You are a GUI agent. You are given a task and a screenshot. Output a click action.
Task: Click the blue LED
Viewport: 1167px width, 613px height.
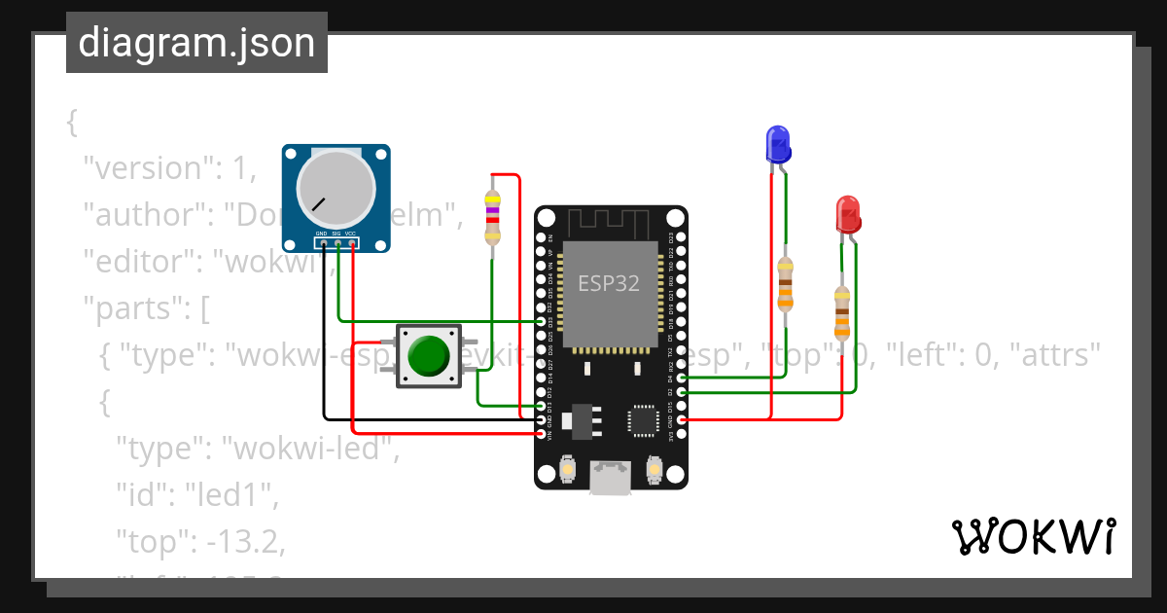[x=777, y=144]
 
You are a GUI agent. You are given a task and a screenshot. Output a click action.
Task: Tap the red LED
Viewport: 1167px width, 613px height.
[x=848, y=214]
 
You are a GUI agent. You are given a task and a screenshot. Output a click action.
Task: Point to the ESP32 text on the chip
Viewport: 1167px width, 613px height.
[x=609, y=283]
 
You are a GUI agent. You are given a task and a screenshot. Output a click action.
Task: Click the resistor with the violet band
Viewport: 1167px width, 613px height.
[x=492, y=217]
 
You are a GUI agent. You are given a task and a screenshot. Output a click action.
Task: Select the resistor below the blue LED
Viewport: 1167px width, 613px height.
[x=786, y=284]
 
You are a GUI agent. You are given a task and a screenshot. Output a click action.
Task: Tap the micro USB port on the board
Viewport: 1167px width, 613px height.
[x=611, y=477]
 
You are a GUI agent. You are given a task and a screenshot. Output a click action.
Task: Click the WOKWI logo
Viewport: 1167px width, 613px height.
[x=1033, y=536]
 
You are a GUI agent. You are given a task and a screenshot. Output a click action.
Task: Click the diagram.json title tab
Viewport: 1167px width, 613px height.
[x=196, y=43]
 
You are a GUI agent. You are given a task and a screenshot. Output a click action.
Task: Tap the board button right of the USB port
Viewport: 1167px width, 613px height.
[x=654, y=473]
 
